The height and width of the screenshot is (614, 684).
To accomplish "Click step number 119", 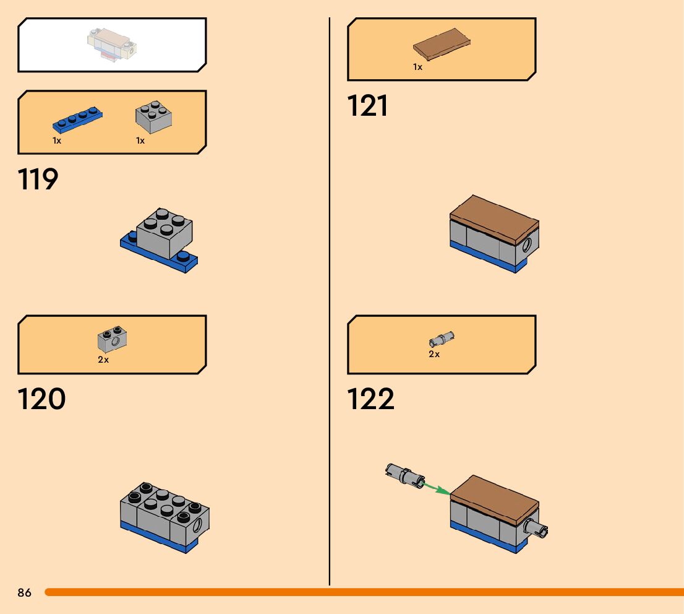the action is tap(38, 179).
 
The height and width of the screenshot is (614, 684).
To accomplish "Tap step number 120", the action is tap(41, 399).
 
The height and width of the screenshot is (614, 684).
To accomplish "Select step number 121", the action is tap(368, 106).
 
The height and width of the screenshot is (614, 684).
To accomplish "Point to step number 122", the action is tap(370, 399).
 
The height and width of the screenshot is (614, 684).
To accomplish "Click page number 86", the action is tap(24, 593).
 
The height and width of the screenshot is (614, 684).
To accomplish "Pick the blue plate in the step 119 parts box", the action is tap(77, 119).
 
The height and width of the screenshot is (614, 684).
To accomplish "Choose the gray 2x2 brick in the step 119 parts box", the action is tap(153, 117).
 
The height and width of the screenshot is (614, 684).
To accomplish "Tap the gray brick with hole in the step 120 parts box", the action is tap(112, 339).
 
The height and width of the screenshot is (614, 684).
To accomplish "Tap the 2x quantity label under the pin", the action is tap(434, 354).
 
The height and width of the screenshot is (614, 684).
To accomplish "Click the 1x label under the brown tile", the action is tap(418, 67).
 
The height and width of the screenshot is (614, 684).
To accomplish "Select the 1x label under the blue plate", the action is tap(57, 141).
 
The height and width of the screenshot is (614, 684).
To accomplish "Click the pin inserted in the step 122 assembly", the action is tap(537, 529).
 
